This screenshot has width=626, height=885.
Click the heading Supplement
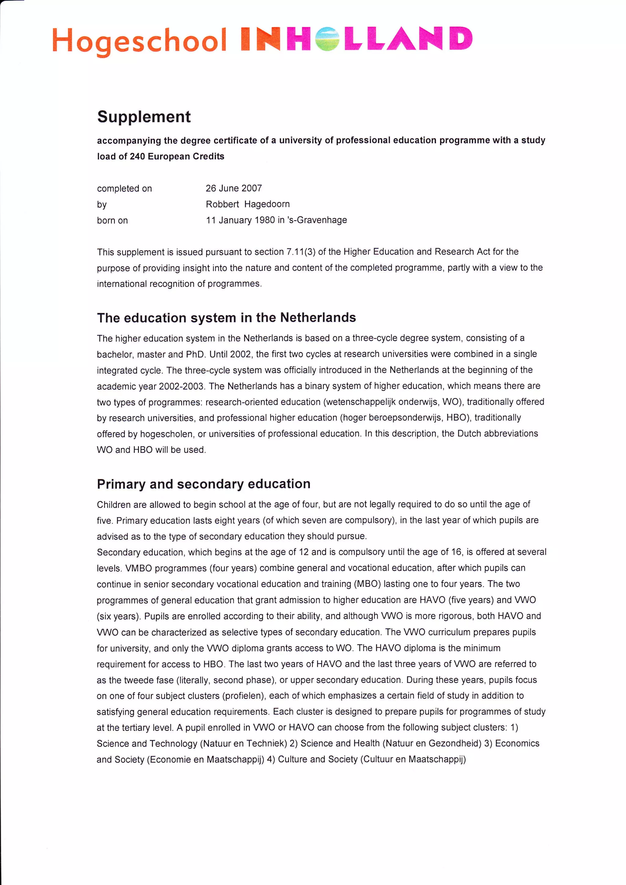pos(144,117)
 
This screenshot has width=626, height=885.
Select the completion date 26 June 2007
pos(234,188)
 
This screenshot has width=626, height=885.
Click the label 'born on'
pos(112,220)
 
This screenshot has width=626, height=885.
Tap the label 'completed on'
pos(124,189)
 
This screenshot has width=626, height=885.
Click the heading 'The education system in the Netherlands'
pos(226,318)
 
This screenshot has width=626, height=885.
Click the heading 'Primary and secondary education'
pos(204,484)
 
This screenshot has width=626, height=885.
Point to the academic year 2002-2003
pos(181,386)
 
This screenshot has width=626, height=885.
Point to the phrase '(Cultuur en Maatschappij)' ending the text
pos(413,759)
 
